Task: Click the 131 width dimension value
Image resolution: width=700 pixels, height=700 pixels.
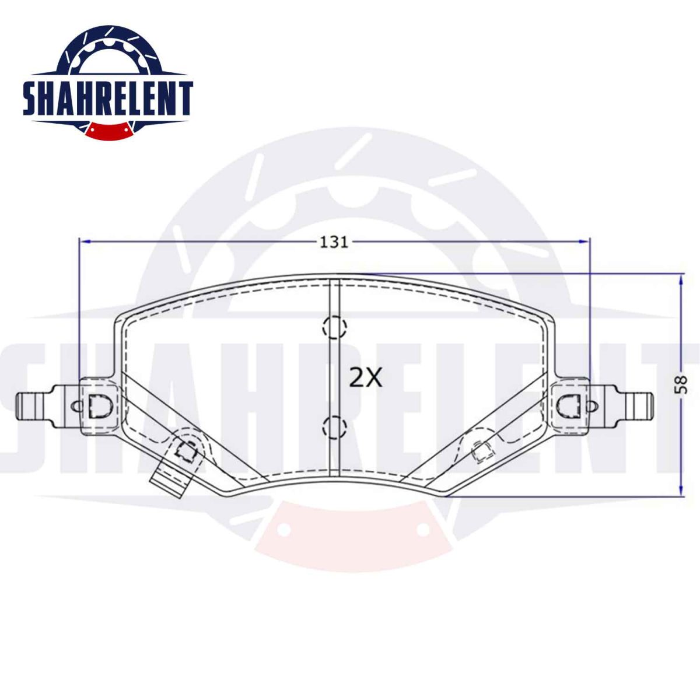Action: point(334,242)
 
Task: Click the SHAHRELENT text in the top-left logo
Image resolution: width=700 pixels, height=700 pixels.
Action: point(108,98)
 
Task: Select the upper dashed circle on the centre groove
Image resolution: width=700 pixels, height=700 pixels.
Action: point(335,327)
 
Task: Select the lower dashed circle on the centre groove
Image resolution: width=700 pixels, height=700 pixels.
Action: point(335,426)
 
